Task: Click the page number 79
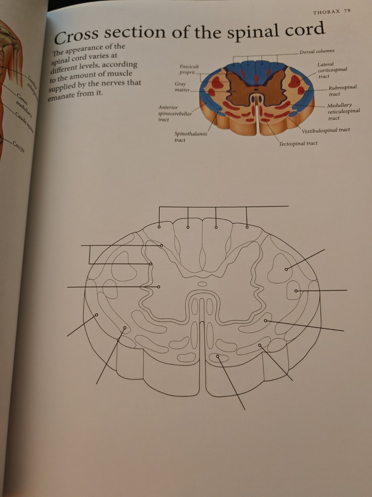click(x=347, y=11)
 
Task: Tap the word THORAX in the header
click(x=326, y=12)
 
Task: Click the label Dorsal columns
click(x=317, y=51)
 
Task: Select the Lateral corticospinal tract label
click(x=332, y=70)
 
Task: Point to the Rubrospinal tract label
click(x=342, y=90)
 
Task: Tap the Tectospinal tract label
click(x=298, y=144)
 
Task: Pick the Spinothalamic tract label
click(x=191, y=137)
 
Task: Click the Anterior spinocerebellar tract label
click(x=175, y=114)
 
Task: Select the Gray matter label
click(x=181, y=87)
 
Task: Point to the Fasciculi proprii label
click(x=189, y=70)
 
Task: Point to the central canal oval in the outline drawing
click(x=202, y=284)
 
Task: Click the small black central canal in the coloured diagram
click(x=256, y=90)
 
